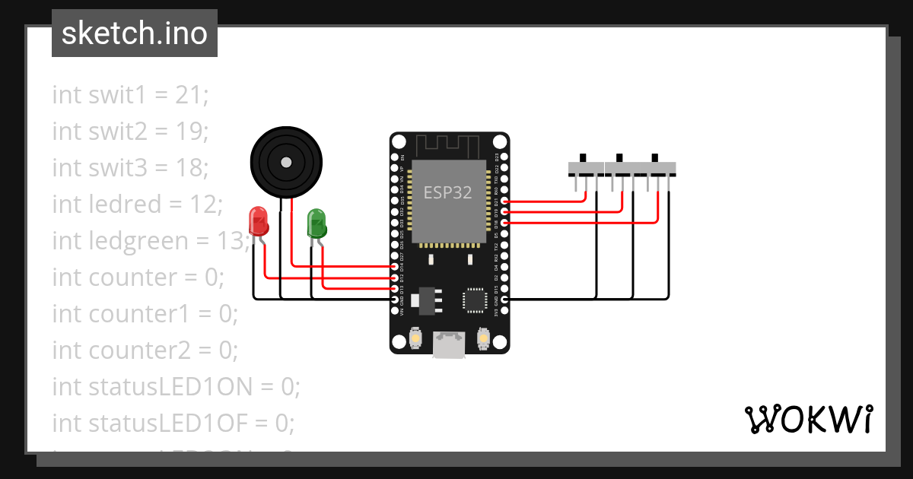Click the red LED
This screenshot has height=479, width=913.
pos(259,221)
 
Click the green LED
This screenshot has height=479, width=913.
pos(317,224)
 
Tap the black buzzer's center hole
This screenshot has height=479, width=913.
pos(285,163)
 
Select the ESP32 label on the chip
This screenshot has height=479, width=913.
pos(448,193)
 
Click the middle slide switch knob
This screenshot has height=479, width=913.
pos(620,158)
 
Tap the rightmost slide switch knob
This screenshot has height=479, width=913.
pos(655,158)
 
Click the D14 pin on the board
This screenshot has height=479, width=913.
pos(393,267)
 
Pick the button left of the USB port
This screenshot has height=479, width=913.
pos(416,337)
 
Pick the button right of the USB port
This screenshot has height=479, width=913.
pos(482,337)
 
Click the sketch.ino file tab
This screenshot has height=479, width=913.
pos(135,33)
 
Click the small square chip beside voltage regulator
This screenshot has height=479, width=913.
pos(477,299)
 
